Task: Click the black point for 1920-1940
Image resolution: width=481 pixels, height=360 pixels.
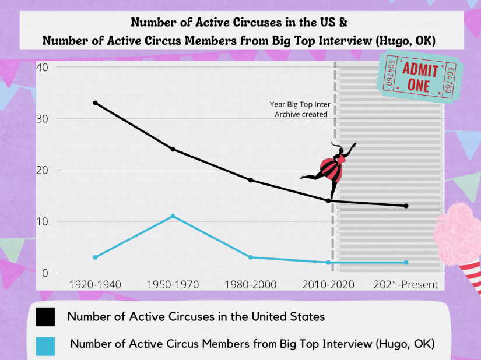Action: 95,103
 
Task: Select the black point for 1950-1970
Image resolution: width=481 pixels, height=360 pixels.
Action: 173,149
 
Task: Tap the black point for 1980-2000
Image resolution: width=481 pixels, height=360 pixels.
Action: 251,180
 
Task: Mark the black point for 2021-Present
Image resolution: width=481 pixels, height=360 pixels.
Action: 406,206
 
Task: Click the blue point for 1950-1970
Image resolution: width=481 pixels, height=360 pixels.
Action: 173,216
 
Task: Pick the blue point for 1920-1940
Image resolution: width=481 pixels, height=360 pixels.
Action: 95,257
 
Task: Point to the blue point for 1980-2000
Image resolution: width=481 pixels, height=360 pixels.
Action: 251,257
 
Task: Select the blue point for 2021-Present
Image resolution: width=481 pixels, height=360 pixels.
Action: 406,263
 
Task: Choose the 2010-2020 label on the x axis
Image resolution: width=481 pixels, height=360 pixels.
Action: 328,285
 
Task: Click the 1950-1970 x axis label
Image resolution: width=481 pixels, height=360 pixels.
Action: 173,285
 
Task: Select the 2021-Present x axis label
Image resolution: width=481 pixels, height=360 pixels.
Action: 406,285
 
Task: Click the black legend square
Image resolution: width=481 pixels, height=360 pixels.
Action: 45,317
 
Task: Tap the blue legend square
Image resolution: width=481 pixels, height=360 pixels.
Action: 45,346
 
